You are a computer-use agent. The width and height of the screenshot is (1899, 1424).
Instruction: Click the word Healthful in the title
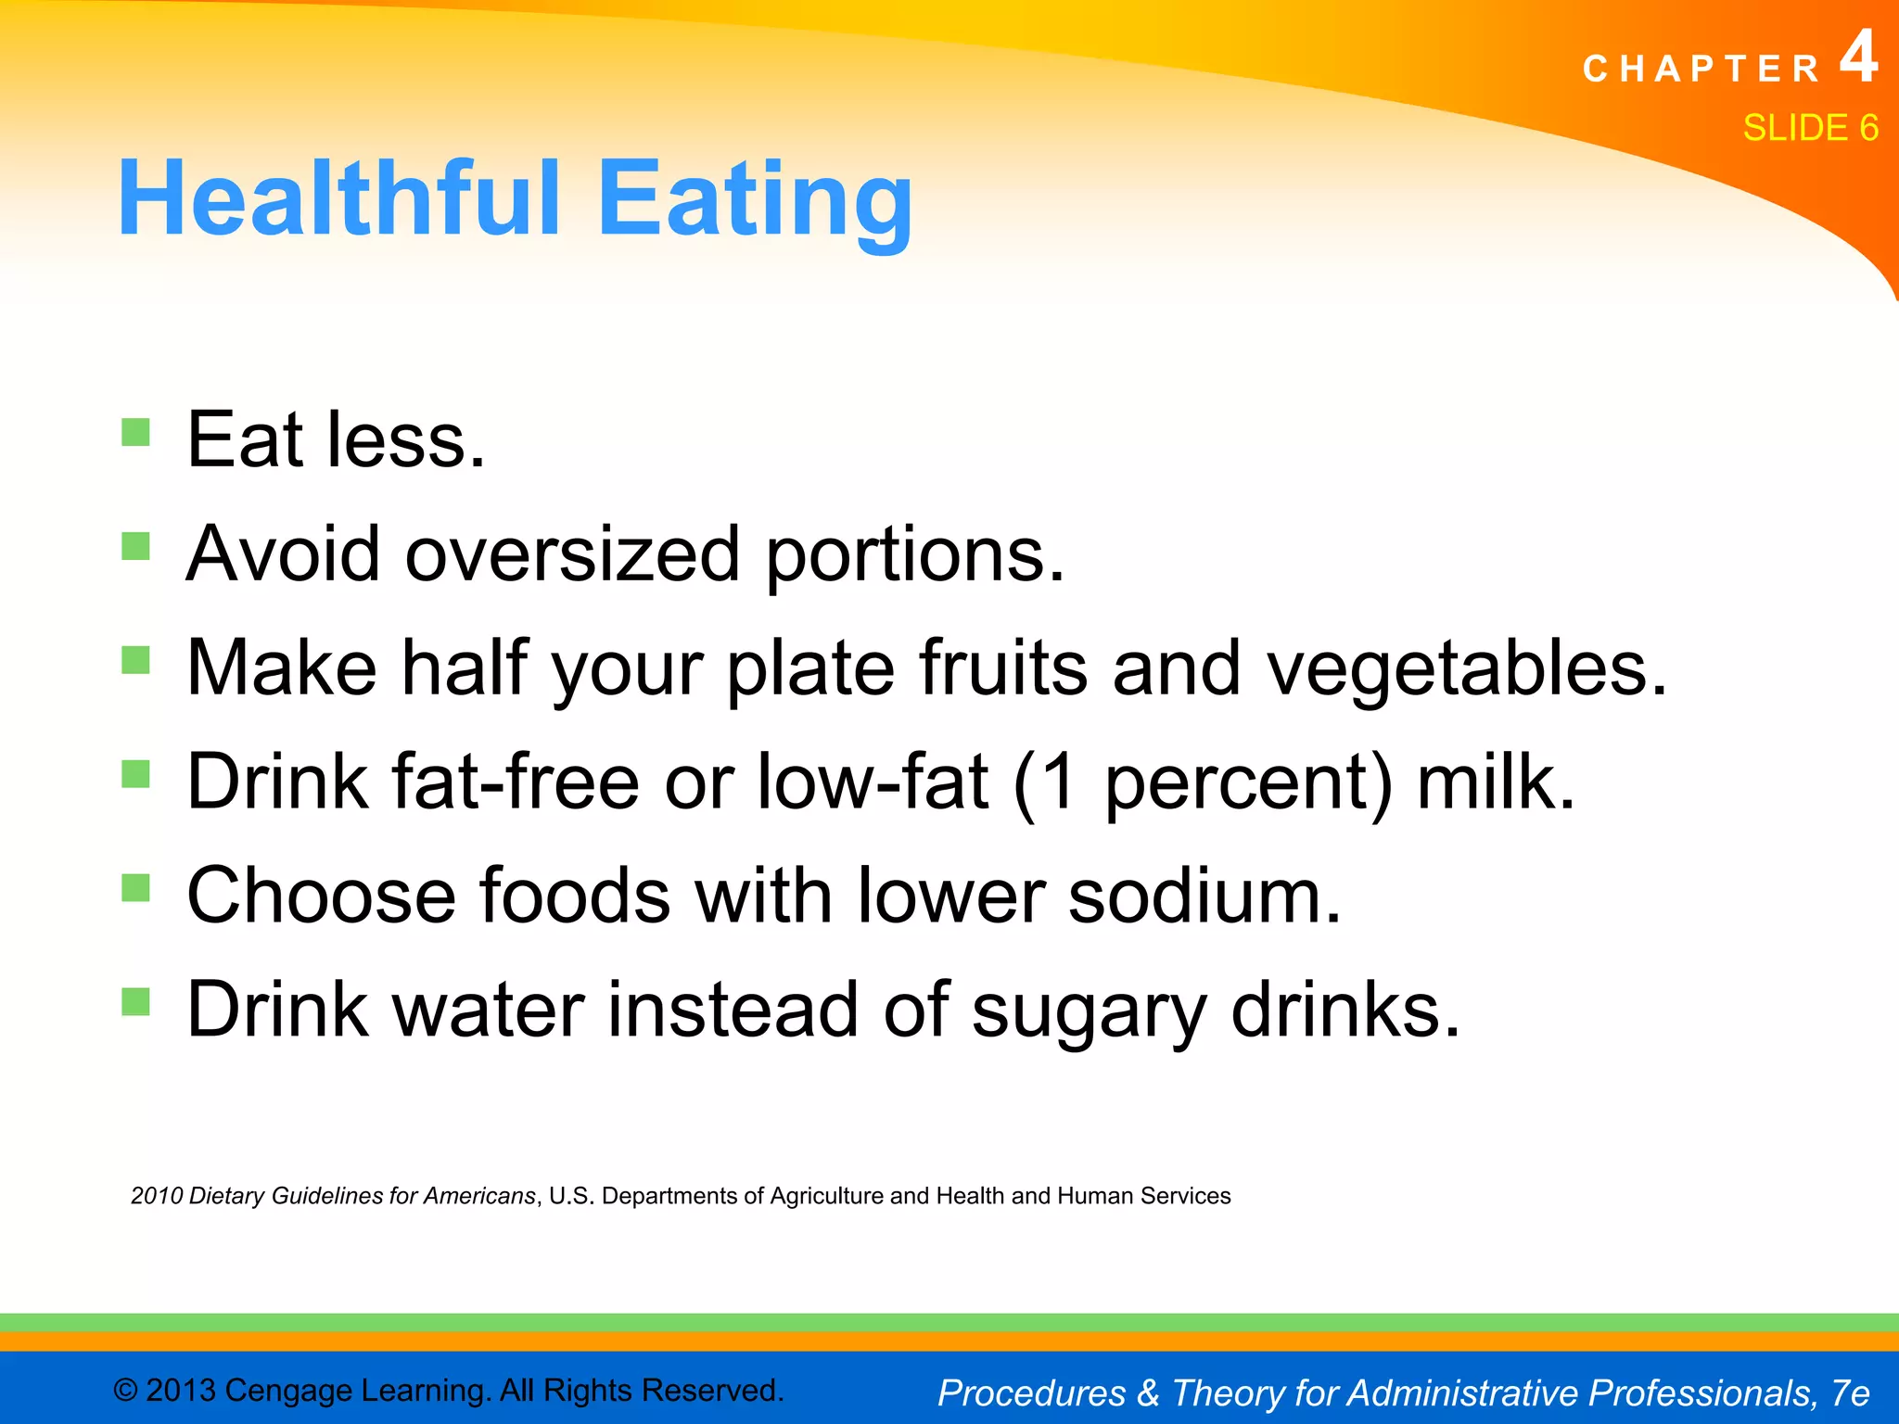click(x=339, y=199)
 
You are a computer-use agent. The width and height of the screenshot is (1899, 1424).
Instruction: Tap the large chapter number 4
click(x=1858, y=57)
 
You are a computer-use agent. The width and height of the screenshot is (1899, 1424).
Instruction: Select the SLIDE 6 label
click(x=1810, y=128)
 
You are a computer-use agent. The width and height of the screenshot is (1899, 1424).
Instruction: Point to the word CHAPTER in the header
click(x=1701, y=70)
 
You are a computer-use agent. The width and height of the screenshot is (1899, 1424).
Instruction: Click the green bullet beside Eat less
click(x=135, y=432)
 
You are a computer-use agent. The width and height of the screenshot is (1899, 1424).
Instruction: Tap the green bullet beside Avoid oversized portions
click(x=135, y=546)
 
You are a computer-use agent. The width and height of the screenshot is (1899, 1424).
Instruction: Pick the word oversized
click(x=572, y=554)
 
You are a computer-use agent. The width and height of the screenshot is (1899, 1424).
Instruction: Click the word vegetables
click(x=1467, y=669)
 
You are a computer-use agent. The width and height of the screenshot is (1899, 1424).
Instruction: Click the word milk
click(x=1496, y=782)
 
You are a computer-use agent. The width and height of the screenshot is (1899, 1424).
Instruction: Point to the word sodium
click(x=1204, y=896)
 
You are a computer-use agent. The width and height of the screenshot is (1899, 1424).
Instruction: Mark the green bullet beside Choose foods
click(x=135, y=888)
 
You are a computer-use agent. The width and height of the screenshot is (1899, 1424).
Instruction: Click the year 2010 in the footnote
click(x=156, y=1196)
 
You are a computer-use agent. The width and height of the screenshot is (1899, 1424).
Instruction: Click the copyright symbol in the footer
click(x=125, y=1391)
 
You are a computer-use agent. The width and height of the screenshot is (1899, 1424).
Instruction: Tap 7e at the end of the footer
click(x=1850, y=1392)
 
